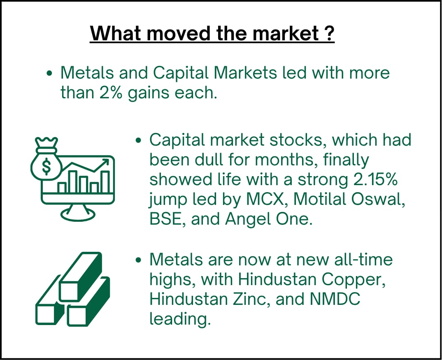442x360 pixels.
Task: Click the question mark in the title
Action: click(328, 33)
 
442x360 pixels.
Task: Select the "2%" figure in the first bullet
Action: click(111, 93)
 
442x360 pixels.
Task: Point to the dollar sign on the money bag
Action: click(47, 166)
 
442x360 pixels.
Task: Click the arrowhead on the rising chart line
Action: click(105, 163)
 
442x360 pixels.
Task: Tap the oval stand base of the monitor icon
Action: click(78, 215)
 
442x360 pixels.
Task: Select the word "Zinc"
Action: click(249, 299)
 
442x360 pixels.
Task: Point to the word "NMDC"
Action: click(335, 299)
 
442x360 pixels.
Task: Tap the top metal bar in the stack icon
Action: click(81, 276)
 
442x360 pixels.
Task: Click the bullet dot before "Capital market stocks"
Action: click(138, 140)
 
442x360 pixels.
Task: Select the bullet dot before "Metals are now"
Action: click(138, 260)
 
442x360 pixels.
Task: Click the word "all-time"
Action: click(363, 259)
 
